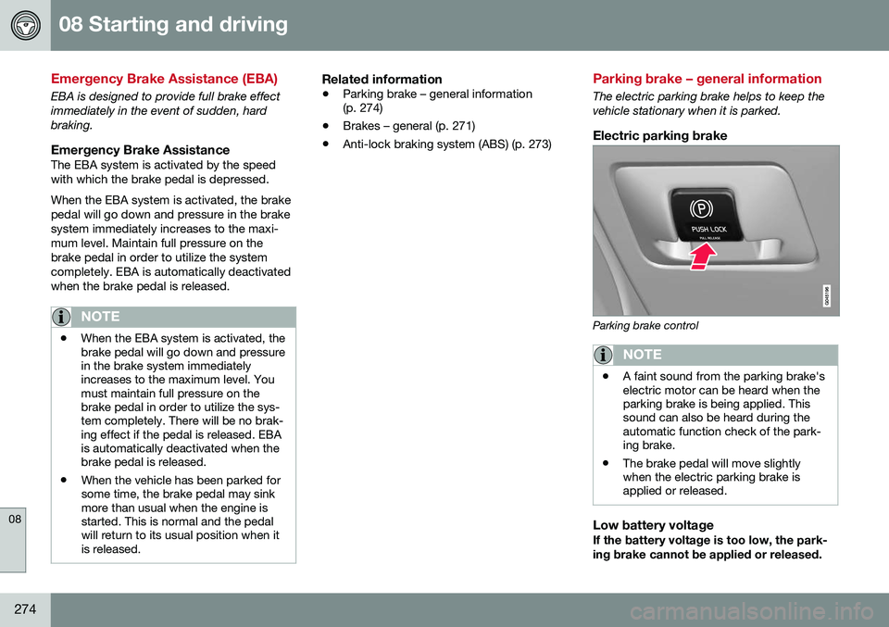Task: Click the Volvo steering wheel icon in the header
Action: click(25, 25)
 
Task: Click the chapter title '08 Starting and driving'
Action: click(173, 24)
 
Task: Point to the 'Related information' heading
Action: click(382, 81)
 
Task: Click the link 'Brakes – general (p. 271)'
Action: click(408, 125)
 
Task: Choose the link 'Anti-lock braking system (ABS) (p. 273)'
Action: click(447, 144)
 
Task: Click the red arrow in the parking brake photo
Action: click(707, 257)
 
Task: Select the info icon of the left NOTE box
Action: click(61, 317)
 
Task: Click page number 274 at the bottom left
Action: click(25, 607)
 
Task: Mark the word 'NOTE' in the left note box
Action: click(99, 317)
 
